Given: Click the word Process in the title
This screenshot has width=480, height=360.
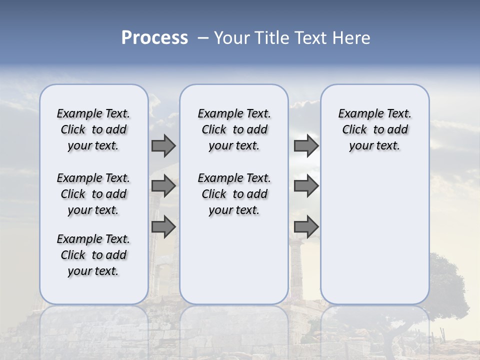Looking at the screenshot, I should (x=154, y=37).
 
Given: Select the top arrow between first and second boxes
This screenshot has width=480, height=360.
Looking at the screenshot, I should (x=163, y=145).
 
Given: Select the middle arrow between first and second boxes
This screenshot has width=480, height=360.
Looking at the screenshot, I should (x=163, y=186).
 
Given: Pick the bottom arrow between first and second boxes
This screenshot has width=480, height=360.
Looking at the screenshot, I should (x=163, y=227).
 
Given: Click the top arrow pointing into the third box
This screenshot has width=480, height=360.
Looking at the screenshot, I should (x=306, y=145).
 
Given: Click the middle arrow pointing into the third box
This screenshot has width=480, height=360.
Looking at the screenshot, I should (x=306, y=186).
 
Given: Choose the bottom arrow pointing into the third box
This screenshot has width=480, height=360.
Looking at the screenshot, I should (x=306, y=227).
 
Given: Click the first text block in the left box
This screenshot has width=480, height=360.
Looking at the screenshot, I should (x=93, y=129).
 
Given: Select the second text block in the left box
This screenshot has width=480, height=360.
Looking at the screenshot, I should (x=93, y=194).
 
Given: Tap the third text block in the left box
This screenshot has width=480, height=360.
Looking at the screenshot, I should (x=93, y=255).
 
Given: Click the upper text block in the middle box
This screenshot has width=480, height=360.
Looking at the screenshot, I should (x=234, y=129).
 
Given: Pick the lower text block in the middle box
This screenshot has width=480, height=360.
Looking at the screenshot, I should (x=234, y=194).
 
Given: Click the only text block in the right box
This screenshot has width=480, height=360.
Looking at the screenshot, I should (x=374, y=129).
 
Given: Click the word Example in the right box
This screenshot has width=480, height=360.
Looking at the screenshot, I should (x=356, y=114).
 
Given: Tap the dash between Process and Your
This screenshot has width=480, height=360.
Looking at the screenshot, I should (x=203, y=37).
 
